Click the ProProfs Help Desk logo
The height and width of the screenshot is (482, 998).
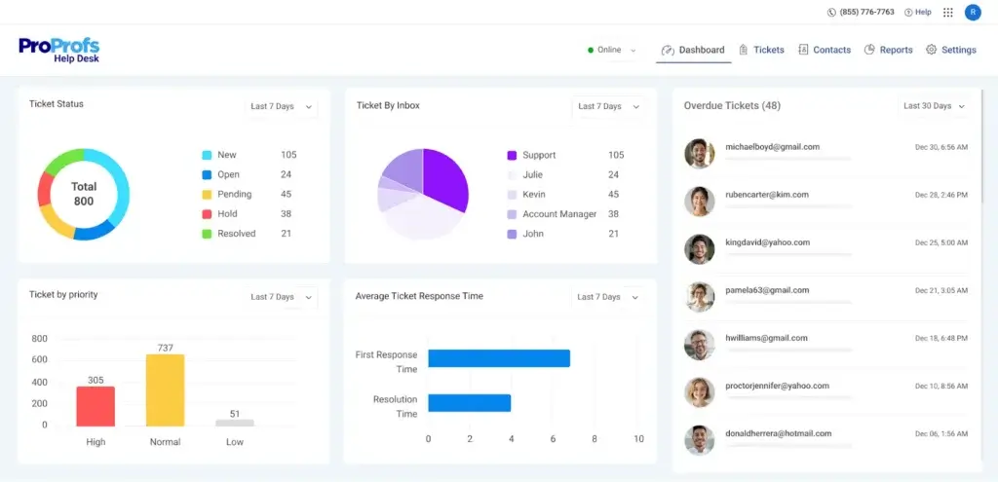pyautogui.click(x=58, y=50)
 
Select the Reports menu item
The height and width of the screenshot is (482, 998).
pyautogui.click(x=888, y=50)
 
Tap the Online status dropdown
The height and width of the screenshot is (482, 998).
pyautogui.click(x=612, y=50)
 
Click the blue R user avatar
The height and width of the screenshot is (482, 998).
pyautogui.click(x=973, y=12)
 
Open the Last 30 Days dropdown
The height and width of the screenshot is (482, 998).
pyautogui.click(x=934, y=106)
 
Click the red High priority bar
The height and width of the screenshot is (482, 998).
pyautogui.click(x=96, y=406)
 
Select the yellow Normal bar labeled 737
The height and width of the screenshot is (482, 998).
pyautogui.click(x=165, y=389)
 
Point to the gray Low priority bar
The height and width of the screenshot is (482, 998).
pyautogui.click(x=234, y=423)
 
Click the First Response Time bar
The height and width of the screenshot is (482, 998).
pyautogui.click(x=498, y=357)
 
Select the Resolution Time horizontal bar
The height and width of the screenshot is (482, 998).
pyautogui.click(x=469, y=402)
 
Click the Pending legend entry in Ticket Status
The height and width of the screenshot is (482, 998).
pyautogui.click(x=234, y=194)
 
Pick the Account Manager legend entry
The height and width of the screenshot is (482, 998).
pyautogui.click(x=558, y=214)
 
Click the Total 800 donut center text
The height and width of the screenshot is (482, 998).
pyautogui.click(x=84, y=194)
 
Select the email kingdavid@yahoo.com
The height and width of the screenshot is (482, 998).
pyautogui.click(x=767, y=242)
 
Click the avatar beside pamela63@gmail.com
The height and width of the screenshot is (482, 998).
pyautogui.click(x=700, y=296)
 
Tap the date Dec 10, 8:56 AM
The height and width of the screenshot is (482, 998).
pyautogui.click(x=940, y=387)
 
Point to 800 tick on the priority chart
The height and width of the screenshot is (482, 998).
pyautogui.click(x=39, y=339)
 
